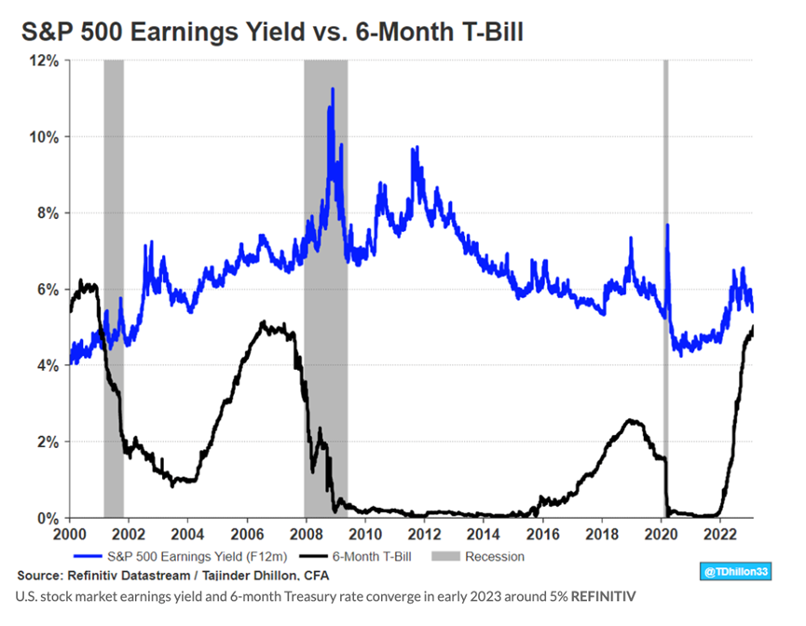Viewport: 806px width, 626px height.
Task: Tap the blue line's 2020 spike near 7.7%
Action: point(667,226)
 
